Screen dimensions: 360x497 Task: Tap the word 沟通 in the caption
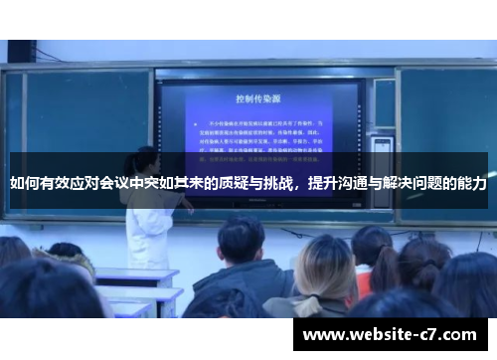coord(353,184)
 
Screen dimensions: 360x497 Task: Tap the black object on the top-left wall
coord(21,51)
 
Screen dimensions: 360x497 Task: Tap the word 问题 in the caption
coord(429,184)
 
